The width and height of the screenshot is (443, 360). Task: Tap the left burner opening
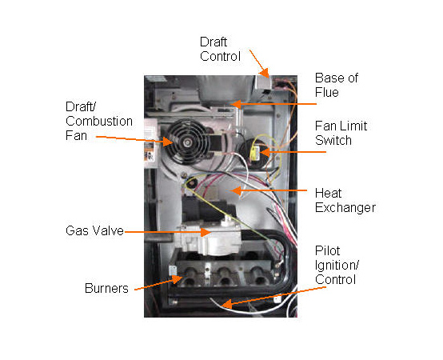click(x=191, y=281)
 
